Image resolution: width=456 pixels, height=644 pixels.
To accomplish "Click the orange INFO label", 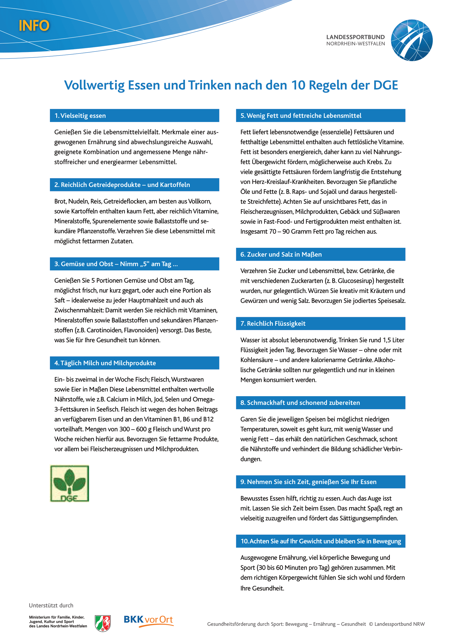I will tap(34, 26).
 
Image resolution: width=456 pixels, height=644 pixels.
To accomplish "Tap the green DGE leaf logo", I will tap(70, 483).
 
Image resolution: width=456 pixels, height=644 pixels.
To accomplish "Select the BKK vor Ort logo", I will tap(148, 620).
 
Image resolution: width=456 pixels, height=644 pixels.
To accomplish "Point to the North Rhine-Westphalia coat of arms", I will tap(103, 623).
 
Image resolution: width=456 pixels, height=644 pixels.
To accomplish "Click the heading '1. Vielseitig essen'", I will tap(80, 116).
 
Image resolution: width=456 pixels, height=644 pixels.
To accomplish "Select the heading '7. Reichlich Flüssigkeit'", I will tap(273, 324).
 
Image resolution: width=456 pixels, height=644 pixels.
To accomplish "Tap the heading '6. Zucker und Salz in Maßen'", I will tap(281, 254).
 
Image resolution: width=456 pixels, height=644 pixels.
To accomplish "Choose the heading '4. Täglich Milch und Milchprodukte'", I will tap(105, 363).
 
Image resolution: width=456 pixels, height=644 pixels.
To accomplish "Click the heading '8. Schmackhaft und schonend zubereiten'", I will tap(300, 403).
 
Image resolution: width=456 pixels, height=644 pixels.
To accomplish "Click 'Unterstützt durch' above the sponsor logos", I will tap(51, 605).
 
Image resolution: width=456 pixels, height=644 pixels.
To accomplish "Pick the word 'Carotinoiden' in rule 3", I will tap(104, 330).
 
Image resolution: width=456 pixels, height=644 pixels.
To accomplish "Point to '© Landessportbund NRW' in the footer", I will tap(397, 624).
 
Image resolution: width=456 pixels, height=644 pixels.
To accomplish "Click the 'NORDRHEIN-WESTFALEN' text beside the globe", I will tap(355, 44).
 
